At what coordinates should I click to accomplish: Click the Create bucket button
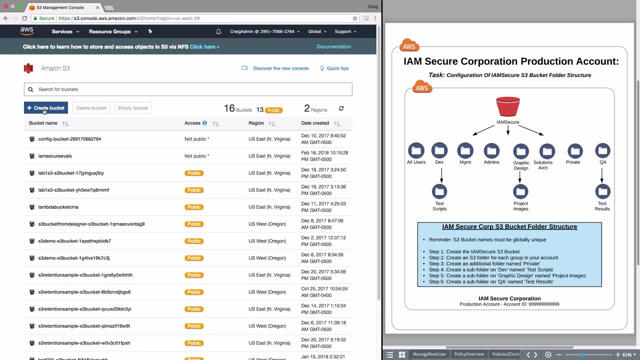coord(46,108)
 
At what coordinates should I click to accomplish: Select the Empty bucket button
coord(133,108)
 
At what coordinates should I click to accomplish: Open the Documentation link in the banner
coord(333,46)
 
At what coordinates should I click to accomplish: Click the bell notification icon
coord(218,31)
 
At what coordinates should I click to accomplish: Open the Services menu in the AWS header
coord(65,31)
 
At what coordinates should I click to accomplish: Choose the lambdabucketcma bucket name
coord(58,207)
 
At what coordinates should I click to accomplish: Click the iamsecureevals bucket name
coord(55,156)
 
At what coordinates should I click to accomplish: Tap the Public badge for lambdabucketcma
coord(194,207)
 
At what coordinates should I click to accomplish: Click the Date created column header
coord(315,123)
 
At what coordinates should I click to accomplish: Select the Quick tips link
coord(337,68)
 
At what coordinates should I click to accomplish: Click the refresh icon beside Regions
coord(341,108)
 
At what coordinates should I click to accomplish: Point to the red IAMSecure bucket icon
coord(508,106)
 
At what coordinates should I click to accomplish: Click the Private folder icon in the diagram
coord(575,150)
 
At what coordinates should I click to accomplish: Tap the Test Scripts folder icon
coord(439,191)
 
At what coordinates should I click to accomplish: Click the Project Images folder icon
coord(520,191)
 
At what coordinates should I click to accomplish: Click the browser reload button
coord(24,18)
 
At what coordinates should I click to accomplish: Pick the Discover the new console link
coord(280,68)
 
